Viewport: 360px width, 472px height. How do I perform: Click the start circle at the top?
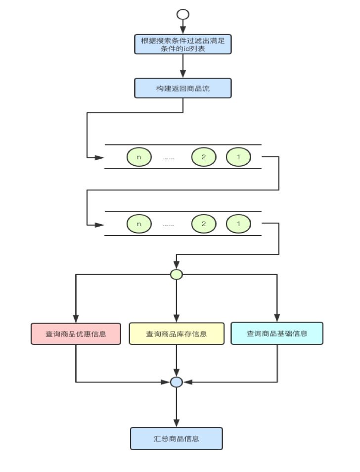point(183,13)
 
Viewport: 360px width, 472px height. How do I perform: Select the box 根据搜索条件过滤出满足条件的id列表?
point(183,45)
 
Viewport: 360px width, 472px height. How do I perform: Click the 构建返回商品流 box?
point(183,88)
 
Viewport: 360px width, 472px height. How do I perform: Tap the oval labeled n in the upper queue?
point(139,157)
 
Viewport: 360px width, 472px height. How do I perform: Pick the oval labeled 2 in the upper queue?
point(204,157)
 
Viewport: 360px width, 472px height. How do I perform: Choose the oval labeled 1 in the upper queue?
point(238,157)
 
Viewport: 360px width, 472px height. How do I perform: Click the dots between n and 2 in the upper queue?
point(169,158)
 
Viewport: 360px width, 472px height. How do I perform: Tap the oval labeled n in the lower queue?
point(139,224)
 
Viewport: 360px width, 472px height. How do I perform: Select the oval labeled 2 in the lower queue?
point(204,224)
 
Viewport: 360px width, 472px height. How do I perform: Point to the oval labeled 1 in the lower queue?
point(238,224)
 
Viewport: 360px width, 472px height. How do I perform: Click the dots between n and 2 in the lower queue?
point(169,225)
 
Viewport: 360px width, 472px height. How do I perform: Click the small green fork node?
point(177,275)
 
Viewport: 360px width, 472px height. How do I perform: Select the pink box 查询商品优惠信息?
point(76,333)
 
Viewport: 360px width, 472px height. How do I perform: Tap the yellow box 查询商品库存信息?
point(177,333)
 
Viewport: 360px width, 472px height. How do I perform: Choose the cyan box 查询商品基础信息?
point(277,333)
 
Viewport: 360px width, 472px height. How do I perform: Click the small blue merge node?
point(177,382)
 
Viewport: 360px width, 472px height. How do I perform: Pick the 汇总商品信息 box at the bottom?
point(177,438)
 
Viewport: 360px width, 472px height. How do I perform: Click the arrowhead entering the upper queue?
point(99,157)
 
